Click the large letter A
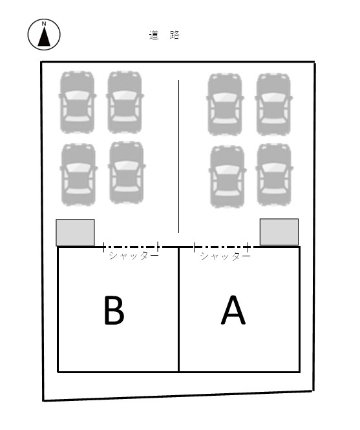coord(233,310)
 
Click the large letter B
coord(114,311)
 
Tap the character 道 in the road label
coord(154,35)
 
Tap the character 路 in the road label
coord(175,35)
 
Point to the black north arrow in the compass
coord(44,36)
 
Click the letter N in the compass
coord(44,24)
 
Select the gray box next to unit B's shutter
coord(75,232)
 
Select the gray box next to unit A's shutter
coord(279,232)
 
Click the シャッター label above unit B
coord(134,256)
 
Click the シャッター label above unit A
coord(225,256)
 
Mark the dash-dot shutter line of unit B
coord(131,247)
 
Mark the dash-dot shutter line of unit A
coord(221,247)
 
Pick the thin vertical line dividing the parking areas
coord(179,156)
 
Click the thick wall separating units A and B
coord(179,309)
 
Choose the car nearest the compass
coord(77,102)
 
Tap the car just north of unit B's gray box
coord(79,174)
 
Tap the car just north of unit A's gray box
coord(274,174)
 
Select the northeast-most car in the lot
coord(273,104)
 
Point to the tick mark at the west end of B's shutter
coord(104,247)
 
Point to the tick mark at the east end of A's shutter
coord(248,247)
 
